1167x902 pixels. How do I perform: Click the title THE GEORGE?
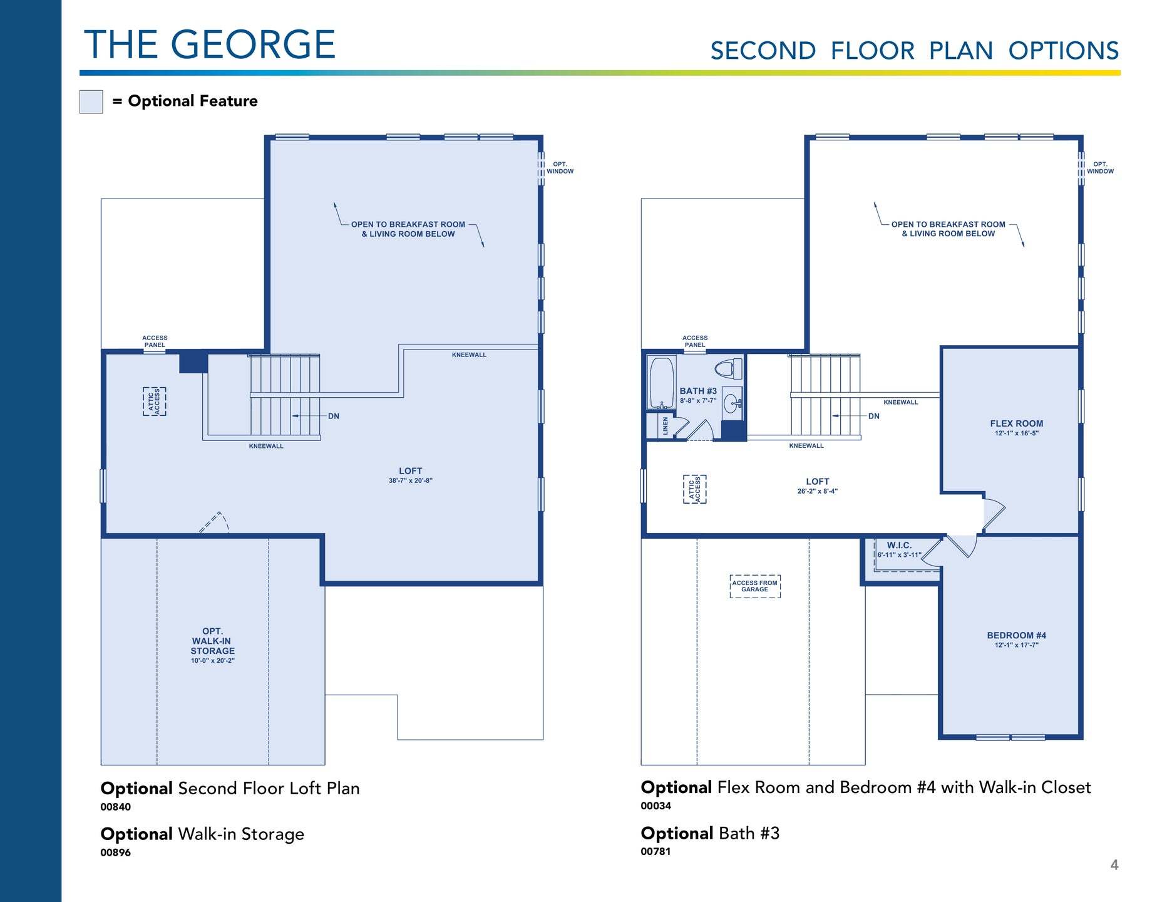click(210, 44)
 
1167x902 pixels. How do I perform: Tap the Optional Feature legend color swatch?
click(91, 101)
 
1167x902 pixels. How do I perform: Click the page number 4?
click(1114, 865)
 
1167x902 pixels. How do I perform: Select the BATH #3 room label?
click(698, 391)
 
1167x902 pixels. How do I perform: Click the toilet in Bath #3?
click(727, 369)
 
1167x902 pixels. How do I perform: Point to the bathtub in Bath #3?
click(662, 383)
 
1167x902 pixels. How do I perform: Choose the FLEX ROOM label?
click(1017, 423)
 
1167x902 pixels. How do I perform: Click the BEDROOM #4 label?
click(1017, 635)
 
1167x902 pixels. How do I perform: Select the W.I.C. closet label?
click(899, 546)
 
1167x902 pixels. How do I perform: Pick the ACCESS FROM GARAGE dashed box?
click(755, 586)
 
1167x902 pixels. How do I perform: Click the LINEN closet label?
click(665, 426)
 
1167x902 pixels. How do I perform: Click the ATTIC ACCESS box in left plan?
click(155, 402)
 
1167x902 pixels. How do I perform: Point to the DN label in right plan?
click(874, 416)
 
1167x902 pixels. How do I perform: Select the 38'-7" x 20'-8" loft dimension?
click(411, 481)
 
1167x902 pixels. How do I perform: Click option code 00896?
click(116, 853)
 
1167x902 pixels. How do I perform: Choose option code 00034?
click(656, 806)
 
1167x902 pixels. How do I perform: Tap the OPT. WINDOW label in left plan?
click(560, 168)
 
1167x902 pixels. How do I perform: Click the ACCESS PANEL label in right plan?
click(695, 341)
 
